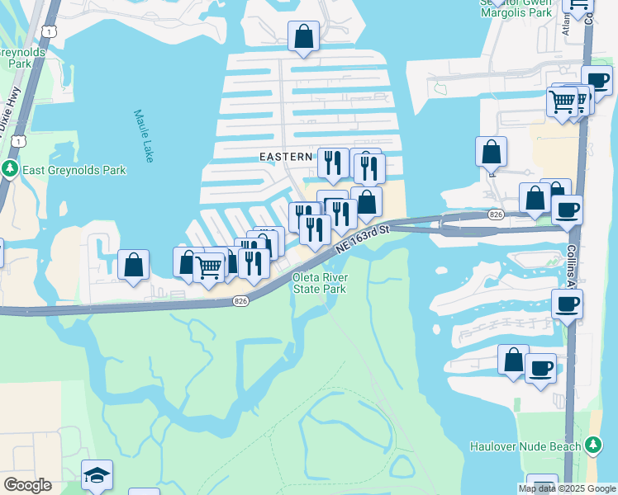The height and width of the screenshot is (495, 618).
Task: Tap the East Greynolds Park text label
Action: click(74, 170)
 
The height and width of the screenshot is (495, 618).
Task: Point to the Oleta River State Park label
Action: click(319, 284)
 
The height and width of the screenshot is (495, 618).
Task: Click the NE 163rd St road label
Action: click(361, 239)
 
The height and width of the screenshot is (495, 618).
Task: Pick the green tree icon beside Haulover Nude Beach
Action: click(592, 446)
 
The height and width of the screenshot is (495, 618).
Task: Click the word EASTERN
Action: click(286, 156)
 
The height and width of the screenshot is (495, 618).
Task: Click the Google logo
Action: click(27, 485)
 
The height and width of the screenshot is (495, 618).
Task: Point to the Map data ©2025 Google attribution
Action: click(567, 488)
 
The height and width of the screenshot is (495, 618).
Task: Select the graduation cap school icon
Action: click(97, 475)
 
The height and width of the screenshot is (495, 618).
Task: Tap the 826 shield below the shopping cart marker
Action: click(240, 301)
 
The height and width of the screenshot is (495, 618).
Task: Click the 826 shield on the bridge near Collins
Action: click(496, 214)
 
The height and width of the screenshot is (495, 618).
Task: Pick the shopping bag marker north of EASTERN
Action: click(303, 37)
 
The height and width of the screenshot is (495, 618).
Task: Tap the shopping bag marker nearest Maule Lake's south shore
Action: click(133, 266)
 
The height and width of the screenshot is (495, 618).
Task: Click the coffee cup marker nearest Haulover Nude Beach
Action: click(540, 368)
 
